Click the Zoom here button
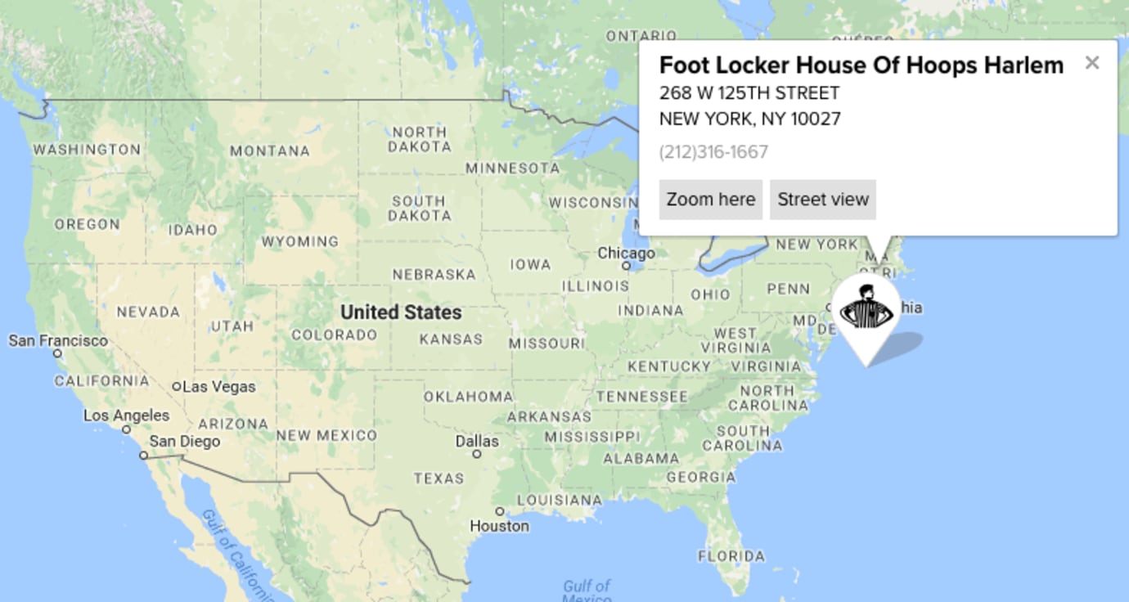point(710,200)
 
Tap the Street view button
point(822,200)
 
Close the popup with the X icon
point(1091,63)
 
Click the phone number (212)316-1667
point(713,152)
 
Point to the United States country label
point(401,312)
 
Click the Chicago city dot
point(626,266)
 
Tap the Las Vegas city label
point(218,387)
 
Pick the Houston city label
point(499,526)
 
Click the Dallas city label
point(476,441)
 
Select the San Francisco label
point(58,340)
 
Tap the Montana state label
point(270,151)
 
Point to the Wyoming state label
point(299,241)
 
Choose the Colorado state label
point(334,335)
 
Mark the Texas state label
point(439,478)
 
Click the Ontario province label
point(641,36)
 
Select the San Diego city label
point(184,442)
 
